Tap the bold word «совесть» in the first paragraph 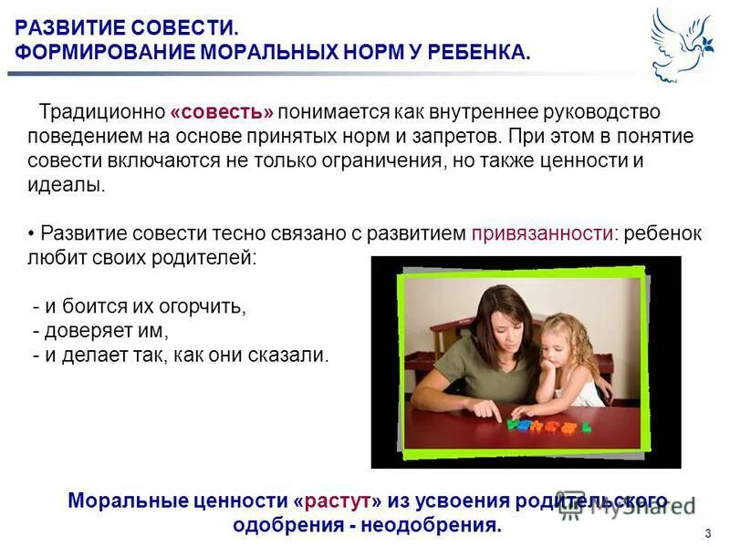[x=222, y=112]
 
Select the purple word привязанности [x=541, y=233]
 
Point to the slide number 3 [x=708, y=533]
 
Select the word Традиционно [x=101, y=112]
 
